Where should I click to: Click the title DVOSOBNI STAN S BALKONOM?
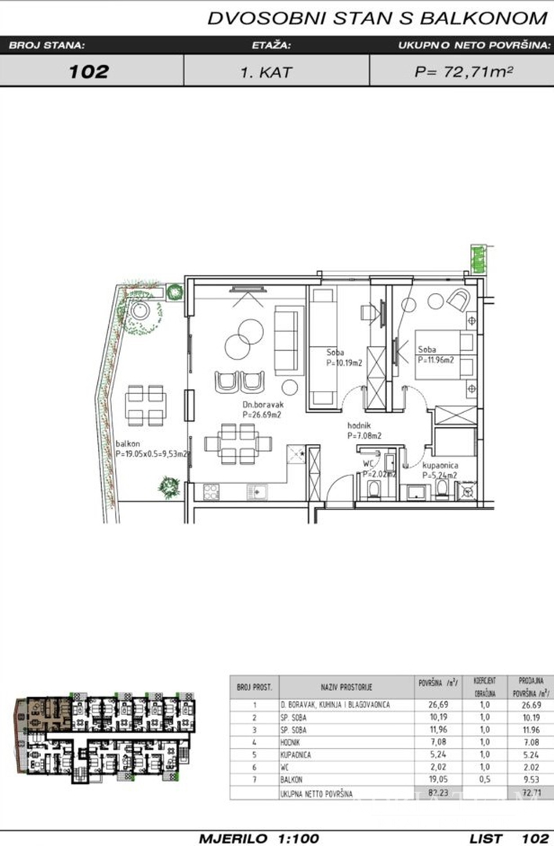pyautogui.click(x=376, y=18)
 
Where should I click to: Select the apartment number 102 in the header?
pyautogui.click(x=89, y=72)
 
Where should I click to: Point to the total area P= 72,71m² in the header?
pyautogui.click(x=463, y=72)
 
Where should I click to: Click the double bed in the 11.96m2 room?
pyautogui.click(x=444, y=354)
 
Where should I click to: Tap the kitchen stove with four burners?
pyautogui.click(x=212, y=493)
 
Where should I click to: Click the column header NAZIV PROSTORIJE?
pyautogui.click(x=346, y=687)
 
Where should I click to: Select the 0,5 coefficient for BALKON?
pyautogui.click(x=483, y=781)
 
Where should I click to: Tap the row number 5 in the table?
pyautogui.click(x=253, y=754)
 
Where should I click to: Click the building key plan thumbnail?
pyautogui.click(x=105, y=737)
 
